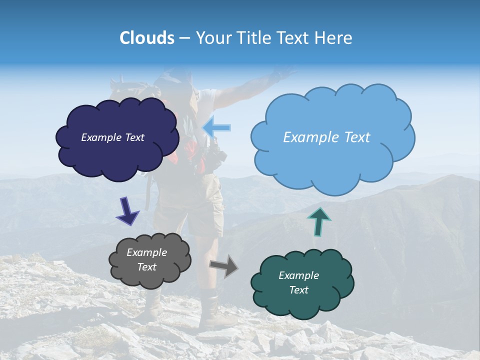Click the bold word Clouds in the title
tap(147, 38)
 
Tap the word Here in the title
tap(335, 38)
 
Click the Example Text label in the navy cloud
tap(112, 137)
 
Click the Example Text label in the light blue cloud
tap(326, 137)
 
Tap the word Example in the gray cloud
tap(146, 252)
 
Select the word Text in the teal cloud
tap(298, 290)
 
